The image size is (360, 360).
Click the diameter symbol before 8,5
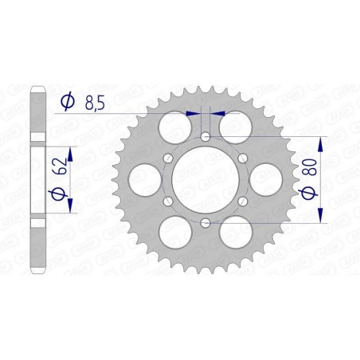(x=68, y=102)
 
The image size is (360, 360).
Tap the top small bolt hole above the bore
(x=205, y=138)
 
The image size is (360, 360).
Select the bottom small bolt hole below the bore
(x=205, y=221)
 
